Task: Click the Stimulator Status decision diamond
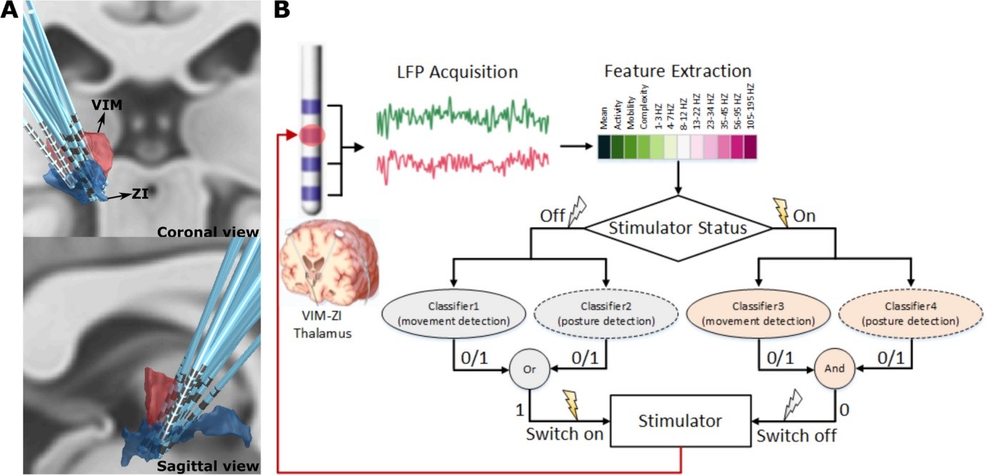click(678, 229)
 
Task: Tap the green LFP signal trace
click(462, 117)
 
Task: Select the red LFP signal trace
click(462, 163)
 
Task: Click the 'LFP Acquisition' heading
click(457, 72)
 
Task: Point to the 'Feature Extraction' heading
click(678, 71)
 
